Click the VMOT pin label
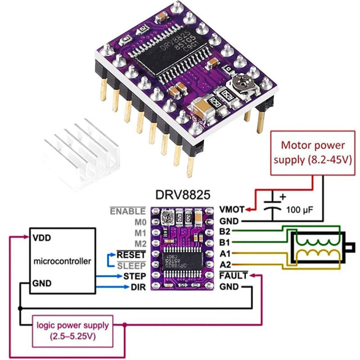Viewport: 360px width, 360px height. click(x=232, y=209)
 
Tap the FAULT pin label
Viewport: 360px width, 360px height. click(x=233, y=275)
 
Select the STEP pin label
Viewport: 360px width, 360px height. click(x=135, y=276)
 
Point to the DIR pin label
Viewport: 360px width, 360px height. click(x=138, y=287)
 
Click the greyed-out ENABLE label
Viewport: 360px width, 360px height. click(x=128, y=211)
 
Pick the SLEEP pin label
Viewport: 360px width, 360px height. click(x=131, y=266)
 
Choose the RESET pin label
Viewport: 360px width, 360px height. click(x=131, y=255)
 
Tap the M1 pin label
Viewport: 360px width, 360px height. click(x=140, y=233)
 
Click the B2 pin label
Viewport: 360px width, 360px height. click(x=225, y=231)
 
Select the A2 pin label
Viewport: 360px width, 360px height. click(x=225, y=265)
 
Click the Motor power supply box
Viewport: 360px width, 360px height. click(x=313, y=153)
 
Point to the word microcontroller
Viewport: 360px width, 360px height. click(x=62, y=261)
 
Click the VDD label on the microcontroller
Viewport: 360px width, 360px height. click(x=41, y=238)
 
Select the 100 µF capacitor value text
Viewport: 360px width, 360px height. click(x=300, y=210)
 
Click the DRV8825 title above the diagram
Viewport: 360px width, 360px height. click(x=183, y=195)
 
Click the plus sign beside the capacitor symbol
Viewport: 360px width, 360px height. click(x=283, y=197)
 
